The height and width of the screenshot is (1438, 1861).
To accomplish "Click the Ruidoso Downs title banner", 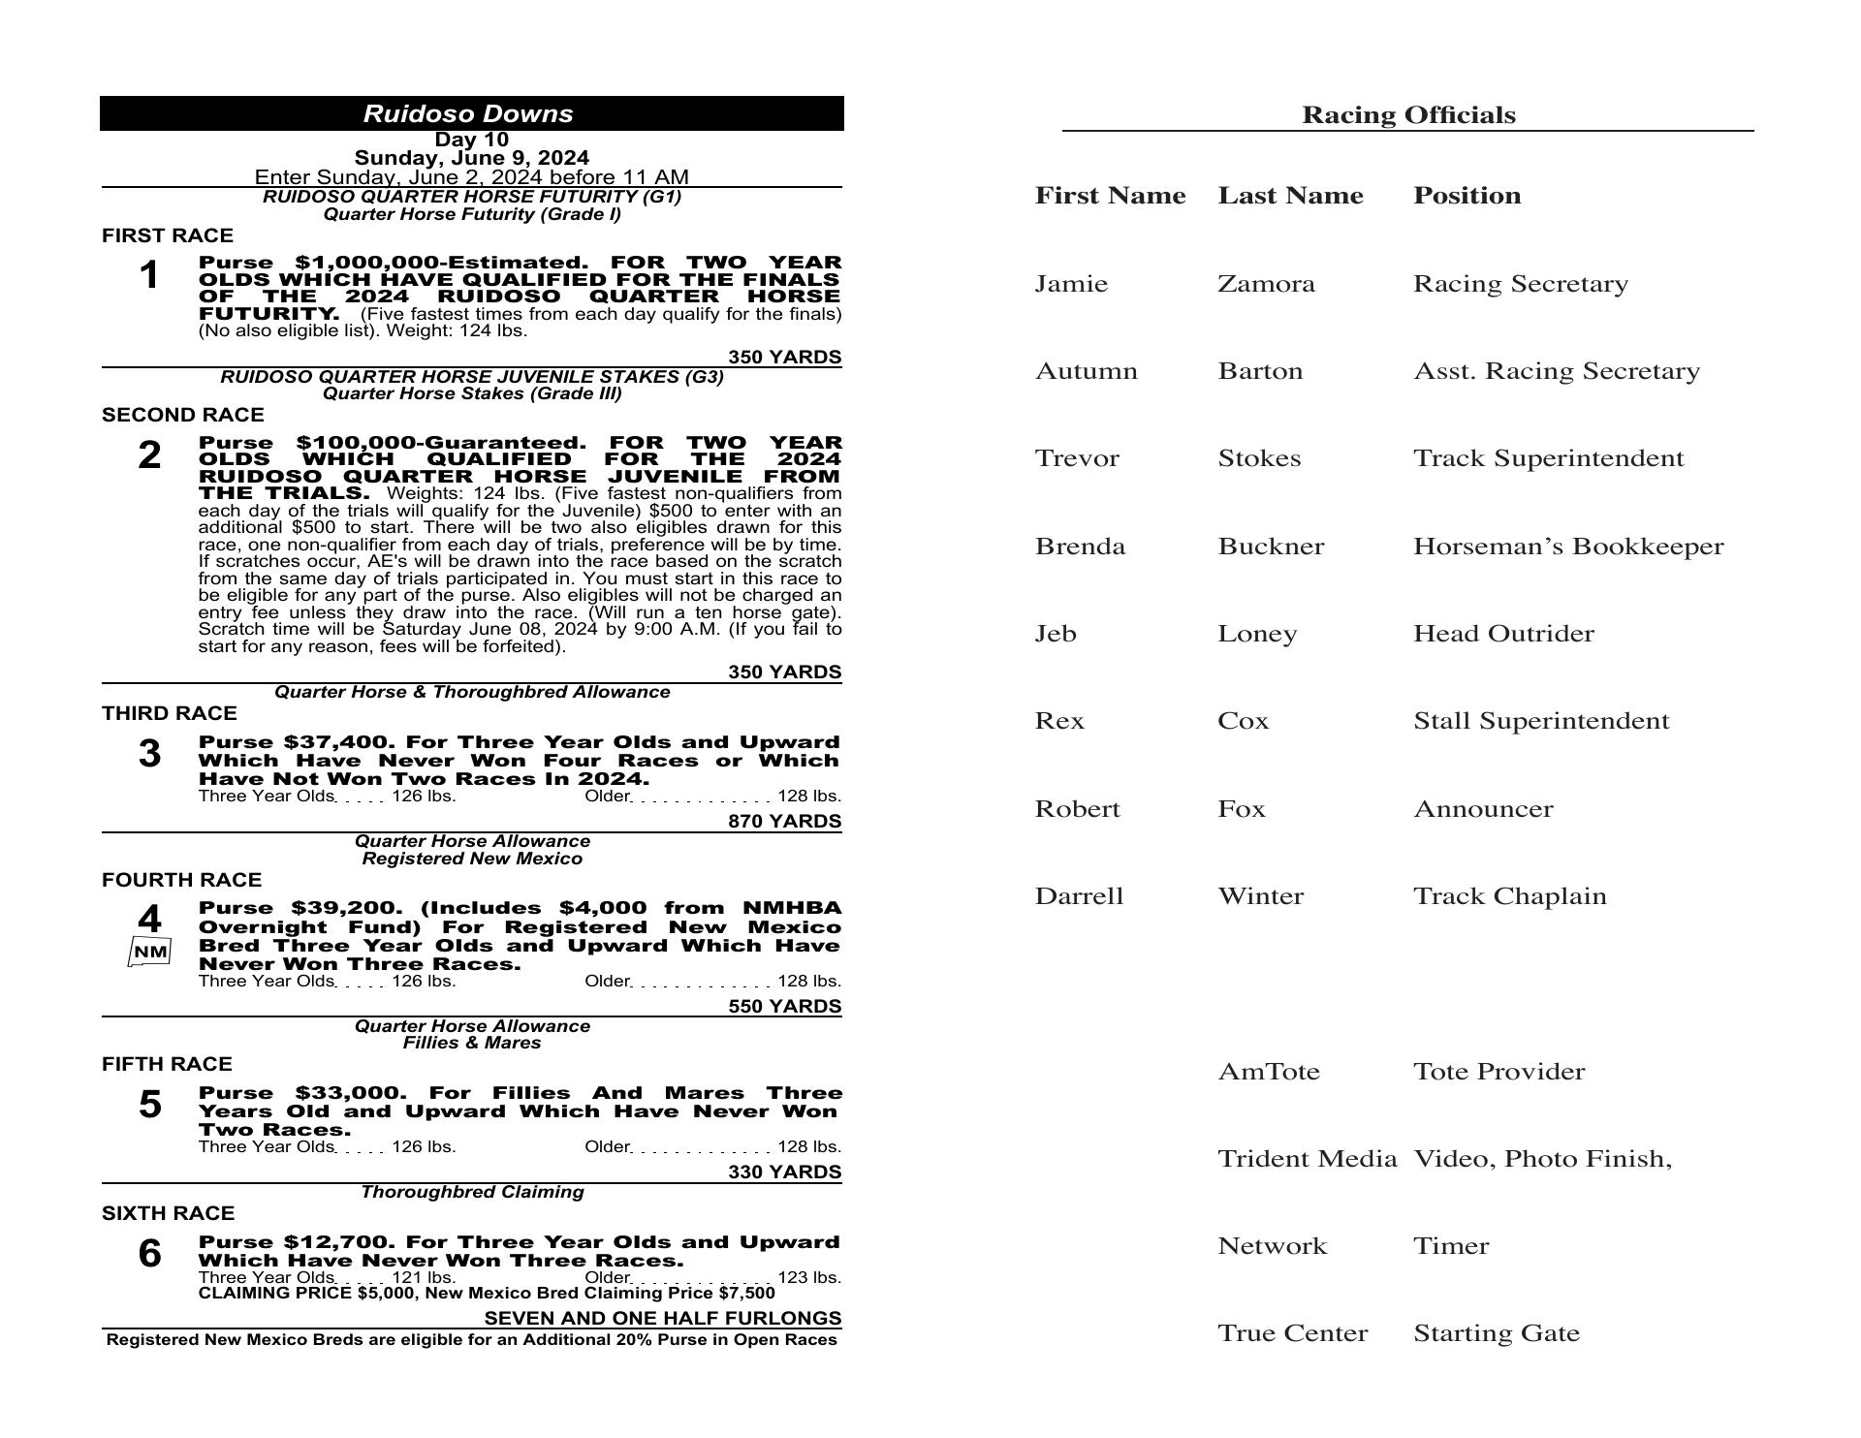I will pyautogui.click(x=471, y=113).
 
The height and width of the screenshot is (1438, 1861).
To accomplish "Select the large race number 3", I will pyautogui.click(x=149, y=754).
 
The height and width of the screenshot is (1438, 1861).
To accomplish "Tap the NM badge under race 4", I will pyautogui.click(x=150, y=953).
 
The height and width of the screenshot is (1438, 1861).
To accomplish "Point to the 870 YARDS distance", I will pyautogui.click(x=784, y=822).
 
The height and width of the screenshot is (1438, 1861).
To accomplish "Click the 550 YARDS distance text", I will pyautogui.click(x=784, y=1007).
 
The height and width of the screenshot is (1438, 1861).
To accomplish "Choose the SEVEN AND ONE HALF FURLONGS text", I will pyautogui.click(x=662, y=1319).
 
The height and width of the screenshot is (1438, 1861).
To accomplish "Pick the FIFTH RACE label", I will pyautogui.click(x=167, y=1064).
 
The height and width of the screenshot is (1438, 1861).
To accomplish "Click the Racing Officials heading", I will pyautogui.click(x=1407, y=115).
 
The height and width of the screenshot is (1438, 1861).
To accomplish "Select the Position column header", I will pyautogui.click(x=1467, y=196).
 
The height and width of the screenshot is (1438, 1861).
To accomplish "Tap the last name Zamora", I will pyautogui.click(x=1266, y=284).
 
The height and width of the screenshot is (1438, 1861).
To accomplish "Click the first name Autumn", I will pyautogui.click(x=1086, y=371).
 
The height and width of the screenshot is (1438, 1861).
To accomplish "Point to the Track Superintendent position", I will pyautogui.click(x=1548, y=458).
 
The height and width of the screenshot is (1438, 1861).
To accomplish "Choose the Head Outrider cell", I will pyautogui.click(x=1502, y=634).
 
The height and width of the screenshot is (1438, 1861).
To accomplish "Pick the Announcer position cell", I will pyautogui.click(x=1482, y=809).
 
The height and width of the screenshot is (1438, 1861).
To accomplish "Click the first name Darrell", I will pyautogui.click(x=1079, y=896).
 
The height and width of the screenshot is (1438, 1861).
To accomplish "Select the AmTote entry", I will pyautogui.click(x=1268, y=1072).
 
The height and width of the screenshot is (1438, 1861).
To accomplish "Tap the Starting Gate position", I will pyautogui.click(x=1496, y=1333).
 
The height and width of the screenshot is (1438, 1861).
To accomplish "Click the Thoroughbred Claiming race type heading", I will pyautogui.click(x=472, y=1192).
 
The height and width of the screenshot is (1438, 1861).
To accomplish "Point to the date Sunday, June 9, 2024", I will pyautogui.click(x=471, y=158).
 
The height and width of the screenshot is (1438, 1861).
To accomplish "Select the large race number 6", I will pyautogui.click(x=149, y=1254).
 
